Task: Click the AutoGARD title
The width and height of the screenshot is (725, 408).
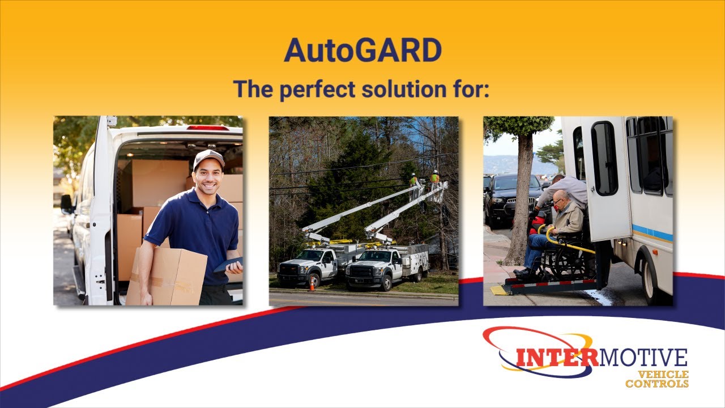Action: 362,50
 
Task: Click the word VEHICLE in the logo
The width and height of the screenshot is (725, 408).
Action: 663,375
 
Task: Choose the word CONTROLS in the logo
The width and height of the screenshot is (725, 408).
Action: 657,384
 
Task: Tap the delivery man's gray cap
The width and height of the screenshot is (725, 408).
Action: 208,159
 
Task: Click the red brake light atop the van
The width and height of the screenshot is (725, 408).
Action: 208,128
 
